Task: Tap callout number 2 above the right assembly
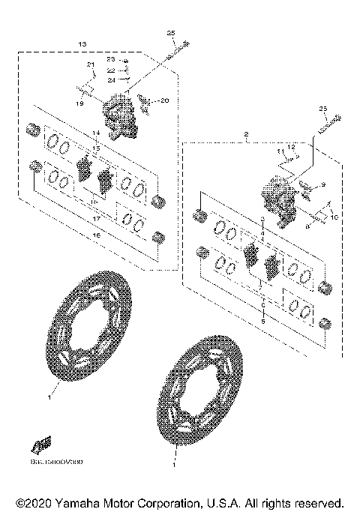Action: (246, 134)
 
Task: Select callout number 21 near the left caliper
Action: (91, 66)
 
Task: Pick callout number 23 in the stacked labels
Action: (110, 59)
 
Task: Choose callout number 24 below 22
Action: (110, 79)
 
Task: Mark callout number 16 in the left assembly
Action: (95, 235)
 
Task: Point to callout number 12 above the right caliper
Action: (292, 147)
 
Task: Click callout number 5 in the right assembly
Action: (262, 320)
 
